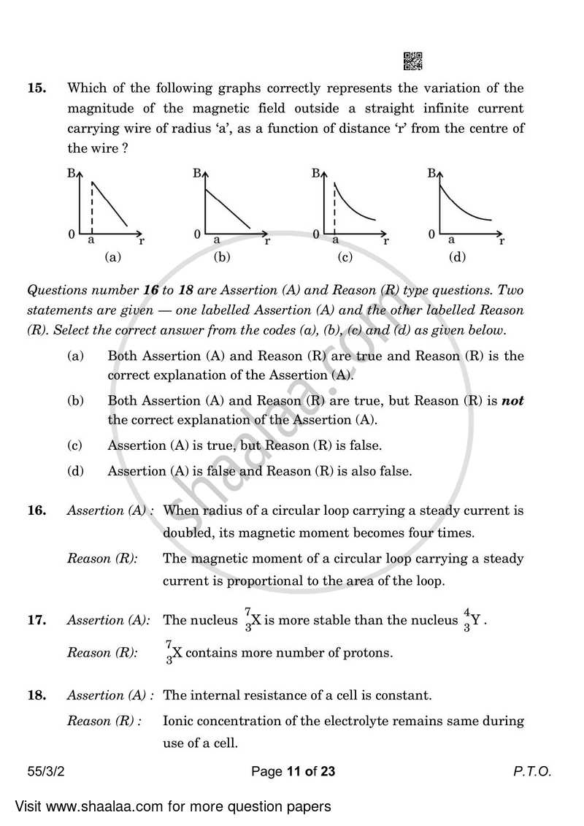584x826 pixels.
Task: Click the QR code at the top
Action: click(412, 61)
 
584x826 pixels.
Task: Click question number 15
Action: click(36, 89)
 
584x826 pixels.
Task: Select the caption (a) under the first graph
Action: click(112, 257)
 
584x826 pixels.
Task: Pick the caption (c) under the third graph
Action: click(345, 257)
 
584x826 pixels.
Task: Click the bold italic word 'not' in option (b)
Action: click(512, 401)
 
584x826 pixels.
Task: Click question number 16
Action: click(36, 511)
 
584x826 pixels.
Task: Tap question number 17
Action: click(36, 621)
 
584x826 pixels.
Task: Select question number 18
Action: click(36, 695)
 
